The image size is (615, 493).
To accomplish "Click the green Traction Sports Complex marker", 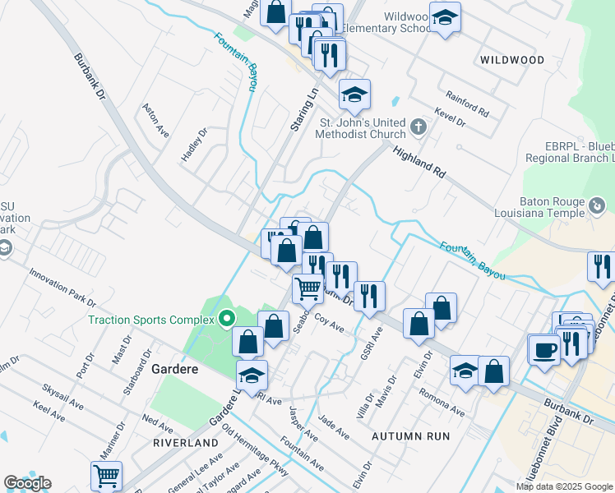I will [228, 319].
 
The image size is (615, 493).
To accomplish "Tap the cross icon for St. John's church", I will [419, 127].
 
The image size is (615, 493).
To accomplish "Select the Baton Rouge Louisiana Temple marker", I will [598, 205].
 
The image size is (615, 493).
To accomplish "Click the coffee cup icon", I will [544, 348].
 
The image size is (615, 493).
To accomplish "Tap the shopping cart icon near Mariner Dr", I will [107, 475].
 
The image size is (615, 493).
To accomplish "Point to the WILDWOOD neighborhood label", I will [512, 60].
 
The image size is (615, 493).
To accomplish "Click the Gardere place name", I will [175, 369].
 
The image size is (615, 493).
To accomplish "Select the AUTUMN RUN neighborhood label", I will [410, 435].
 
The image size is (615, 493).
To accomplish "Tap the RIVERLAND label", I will [185, 442].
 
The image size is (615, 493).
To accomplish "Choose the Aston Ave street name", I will [155, 120].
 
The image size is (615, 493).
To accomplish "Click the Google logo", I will [27, 483].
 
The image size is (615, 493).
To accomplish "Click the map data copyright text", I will [564, 486].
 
